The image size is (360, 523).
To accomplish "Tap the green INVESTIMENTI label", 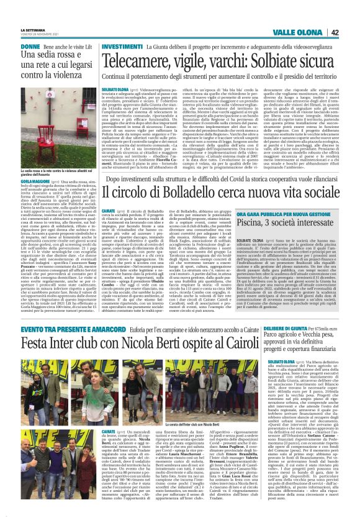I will point(121,47).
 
